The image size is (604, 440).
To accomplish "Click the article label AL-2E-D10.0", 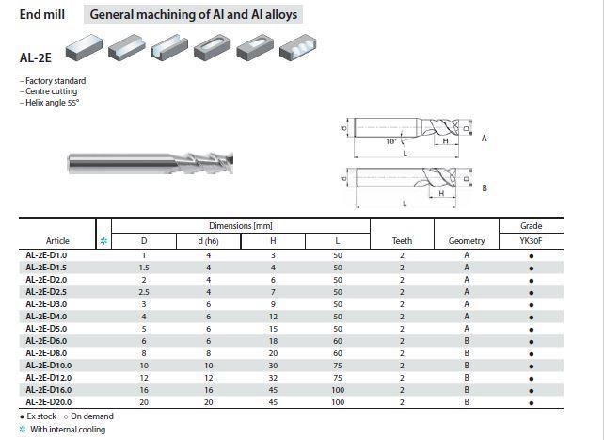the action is [49, 366].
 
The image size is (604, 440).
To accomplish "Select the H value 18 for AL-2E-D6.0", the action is [273, 341].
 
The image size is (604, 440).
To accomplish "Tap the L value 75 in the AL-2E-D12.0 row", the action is [338, 378].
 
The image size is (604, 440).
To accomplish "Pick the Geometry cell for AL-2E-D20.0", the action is [467, 402].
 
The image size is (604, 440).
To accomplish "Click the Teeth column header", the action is [402, 241].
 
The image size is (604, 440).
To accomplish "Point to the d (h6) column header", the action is [209, 241].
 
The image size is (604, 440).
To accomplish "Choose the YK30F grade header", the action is [531, 241].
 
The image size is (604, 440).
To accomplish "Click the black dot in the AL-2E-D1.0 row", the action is [532, 256].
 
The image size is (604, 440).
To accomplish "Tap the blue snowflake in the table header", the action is [103, 241].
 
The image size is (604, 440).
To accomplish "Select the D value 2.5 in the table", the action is [144, 292].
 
